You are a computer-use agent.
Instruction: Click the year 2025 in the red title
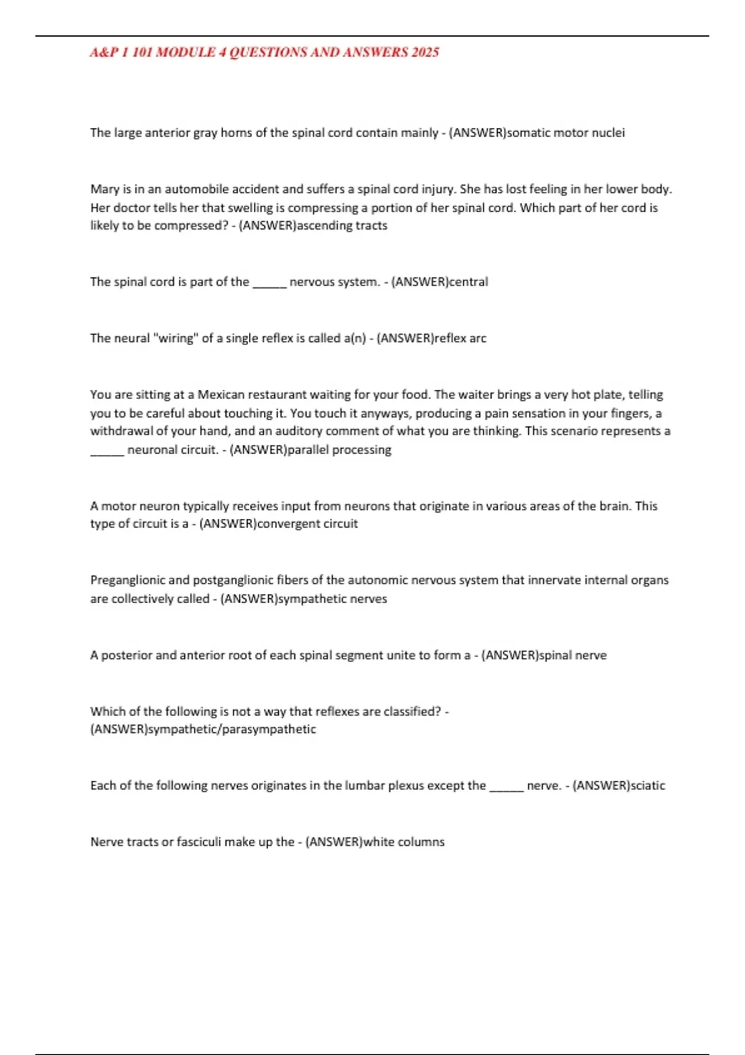pos(425,53)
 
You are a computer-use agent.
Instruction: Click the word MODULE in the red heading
pos(184,53)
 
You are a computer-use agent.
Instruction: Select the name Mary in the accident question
pos(104,189)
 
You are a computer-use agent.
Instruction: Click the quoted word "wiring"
pos(176,338)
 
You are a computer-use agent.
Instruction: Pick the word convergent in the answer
pos(288,524)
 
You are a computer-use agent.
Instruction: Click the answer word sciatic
pos(648,786)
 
